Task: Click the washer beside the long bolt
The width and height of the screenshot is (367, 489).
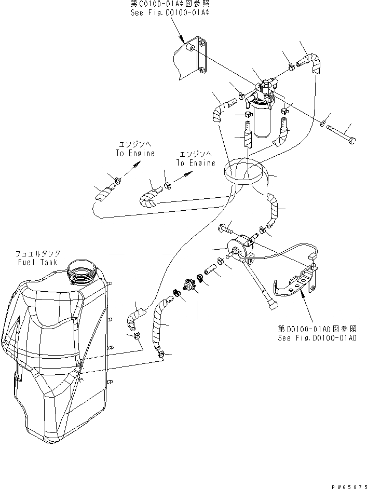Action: tap(323, 124)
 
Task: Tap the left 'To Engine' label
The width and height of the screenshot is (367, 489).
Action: tap(135, 153)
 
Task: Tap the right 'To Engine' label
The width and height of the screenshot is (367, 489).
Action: tap(195, 162)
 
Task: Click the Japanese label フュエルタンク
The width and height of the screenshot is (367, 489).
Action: tap(37, 253)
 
